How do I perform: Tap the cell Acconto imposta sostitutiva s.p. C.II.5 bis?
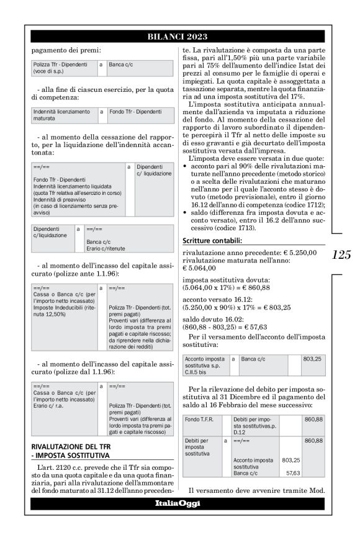[206, 362]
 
